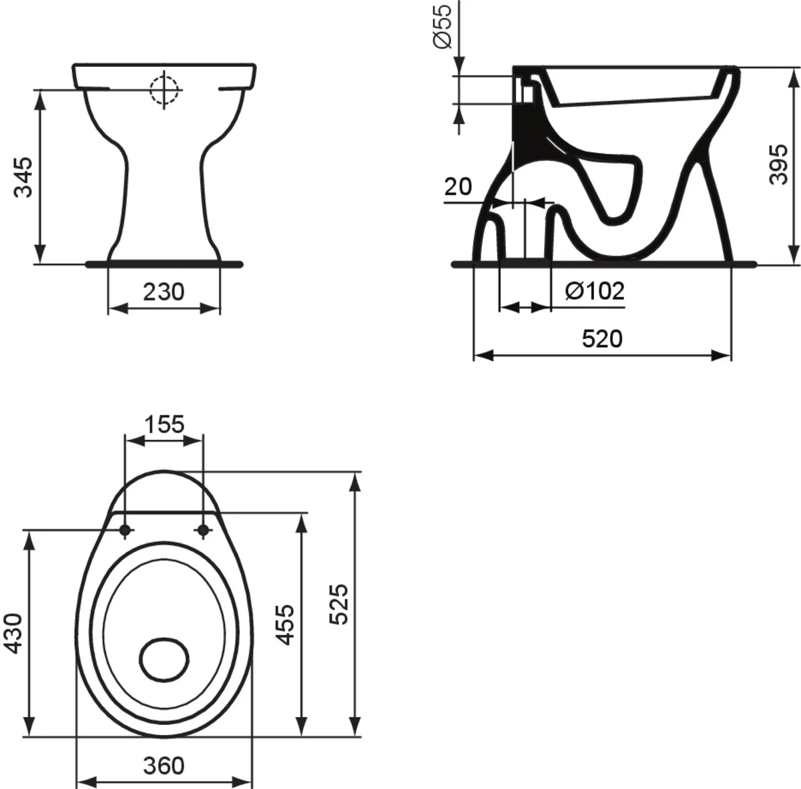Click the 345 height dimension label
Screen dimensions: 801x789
pyautogui.click(x=23, y=177)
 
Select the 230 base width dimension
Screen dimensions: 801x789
pyautogui.click(x=164, y=292)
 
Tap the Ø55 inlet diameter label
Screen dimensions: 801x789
pyautogui.click(x=443, y=27)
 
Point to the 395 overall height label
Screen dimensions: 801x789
pyautogui.click(x=778, y=164)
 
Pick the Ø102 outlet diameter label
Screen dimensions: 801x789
pyautogui.click(x=595, y=291)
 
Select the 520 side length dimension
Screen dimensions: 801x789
pyautogui.click(x=602, y=338)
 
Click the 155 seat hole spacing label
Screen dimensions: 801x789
pyautogui.click(x=164, y=425)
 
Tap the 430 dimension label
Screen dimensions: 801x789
pyautogui.click(x=13, y=633)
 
